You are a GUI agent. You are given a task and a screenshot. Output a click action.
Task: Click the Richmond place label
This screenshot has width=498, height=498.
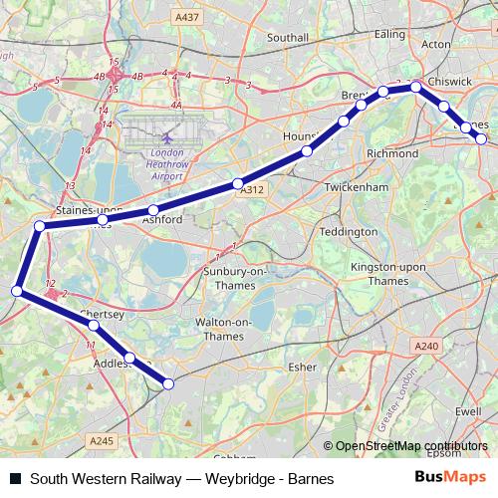pos(392,154)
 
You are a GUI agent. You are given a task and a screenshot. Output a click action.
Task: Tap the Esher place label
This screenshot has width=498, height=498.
pos(301,367)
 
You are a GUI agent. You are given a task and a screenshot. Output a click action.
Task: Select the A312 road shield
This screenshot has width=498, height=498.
pos(251,189)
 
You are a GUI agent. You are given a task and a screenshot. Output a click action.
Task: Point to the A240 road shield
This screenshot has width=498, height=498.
pos(426,345)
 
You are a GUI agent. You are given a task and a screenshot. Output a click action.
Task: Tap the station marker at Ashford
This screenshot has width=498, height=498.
pos(152,210)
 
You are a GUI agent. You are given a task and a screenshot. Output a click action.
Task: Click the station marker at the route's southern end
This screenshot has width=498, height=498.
pos(168,383)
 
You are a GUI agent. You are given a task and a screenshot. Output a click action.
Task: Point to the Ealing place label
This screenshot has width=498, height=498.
pos(389,35)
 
